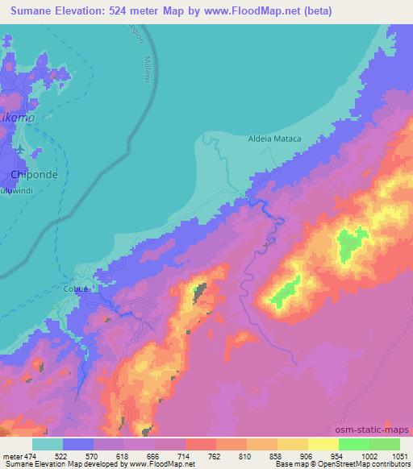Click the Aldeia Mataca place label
tap(273, 139)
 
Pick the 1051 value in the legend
tap(399, 457)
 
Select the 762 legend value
tap(215, 457)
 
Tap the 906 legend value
tap(307, 457)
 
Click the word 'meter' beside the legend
tap(11, 457)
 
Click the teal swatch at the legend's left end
tap(48, 444)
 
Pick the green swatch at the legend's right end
tap(384, 444)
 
